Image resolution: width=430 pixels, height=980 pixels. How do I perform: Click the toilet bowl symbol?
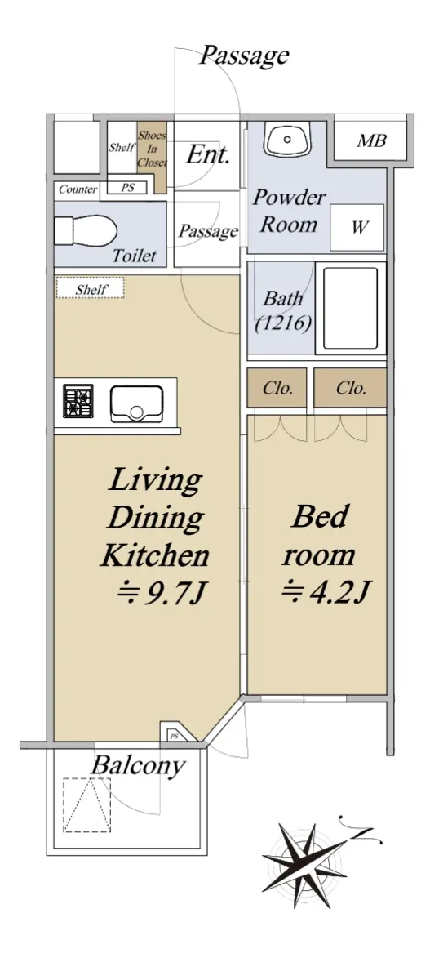86,230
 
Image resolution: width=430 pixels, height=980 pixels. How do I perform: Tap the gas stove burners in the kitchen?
78,400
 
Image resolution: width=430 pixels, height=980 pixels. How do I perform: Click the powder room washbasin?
286,138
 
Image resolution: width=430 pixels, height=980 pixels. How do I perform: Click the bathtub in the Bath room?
350,308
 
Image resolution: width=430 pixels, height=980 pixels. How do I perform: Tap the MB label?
371,140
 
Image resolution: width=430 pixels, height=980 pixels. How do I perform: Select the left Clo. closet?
277,388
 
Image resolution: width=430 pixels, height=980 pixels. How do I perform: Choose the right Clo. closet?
350,388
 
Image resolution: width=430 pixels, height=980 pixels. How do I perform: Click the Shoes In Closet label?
152,149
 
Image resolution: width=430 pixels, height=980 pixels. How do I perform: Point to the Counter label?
78,189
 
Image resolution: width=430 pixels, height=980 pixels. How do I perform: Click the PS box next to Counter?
127,187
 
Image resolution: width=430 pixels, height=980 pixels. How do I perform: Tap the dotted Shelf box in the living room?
91,288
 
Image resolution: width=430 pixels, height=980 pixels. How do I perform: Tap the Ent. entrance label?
207,154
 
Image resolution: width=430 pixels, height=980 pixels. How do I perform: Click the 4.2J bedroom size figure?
326,591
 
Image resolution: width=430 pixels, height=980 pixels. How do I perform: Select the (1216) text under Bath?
283,323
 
